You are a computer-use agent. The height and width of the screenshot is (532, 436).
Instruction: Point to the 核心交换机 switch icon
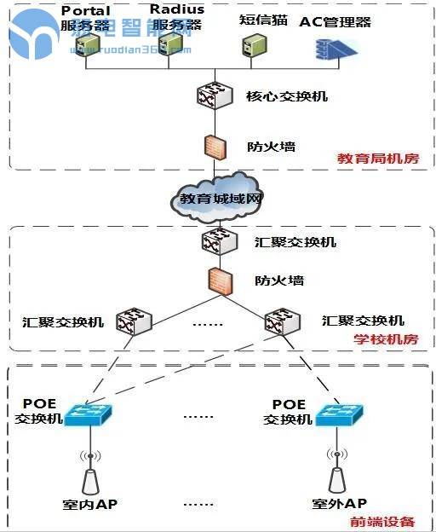[x=209, y=95]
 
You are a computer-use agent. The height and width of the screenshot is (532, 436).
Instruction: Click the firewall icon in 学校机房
[x=218, y=280]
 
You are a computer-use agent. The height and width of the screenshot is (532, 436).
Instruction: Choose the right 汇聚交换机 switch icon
[x=283, y=321]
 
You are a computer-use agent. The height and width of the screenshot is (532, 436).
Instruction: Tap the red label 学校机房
[x=386, y=339]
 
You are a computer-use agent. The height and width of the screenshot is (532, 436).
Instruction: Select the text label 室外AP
[x=339, y=504]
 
